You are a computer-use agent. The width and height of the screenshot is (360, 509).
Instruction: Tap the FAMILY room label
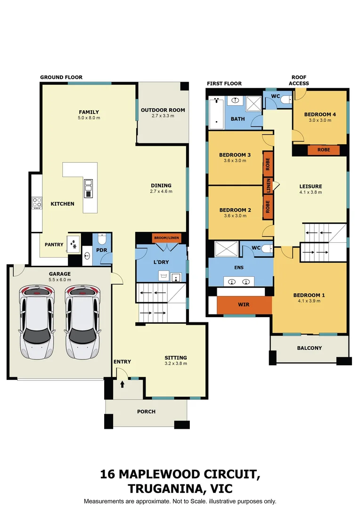(x=89, y=112)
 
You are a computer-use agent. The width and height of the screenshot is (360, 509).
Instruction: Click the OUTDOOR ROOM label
(x=163, y=110)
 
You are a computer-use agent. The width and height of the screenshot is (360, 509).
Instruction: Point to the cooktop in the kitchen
(x=37, y=203)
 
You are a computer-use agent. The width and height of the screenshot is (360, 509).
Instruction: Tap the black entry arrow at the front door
(x=122, y=385)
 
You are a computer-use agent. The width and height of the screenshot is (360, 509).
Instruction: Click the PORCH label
(x=146, y=411)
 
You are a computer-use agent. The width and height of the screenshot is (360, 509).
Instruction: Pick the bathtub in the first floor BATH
(x=217, y=113)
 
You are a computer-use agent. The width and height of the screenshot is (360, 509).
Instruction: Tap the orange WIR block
(x=244, y=305)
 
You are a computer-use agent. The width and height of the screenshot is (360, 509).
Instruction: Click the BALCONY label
(x=309, y=348)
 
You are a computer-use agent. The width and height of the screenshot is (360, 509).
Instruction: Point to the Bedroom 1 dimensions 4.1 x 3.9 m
(x=309, y=302)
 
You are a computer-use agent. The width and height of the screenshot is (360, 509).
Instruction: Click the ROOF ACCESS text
(x=299, y=80)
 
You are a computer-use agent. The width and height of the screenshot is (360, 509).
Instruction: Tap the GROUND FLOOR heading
(x=61, y=77)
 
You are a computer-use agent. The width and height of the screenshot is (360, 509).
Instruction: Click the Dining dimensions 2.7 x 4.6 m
(x=161, y=191)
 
